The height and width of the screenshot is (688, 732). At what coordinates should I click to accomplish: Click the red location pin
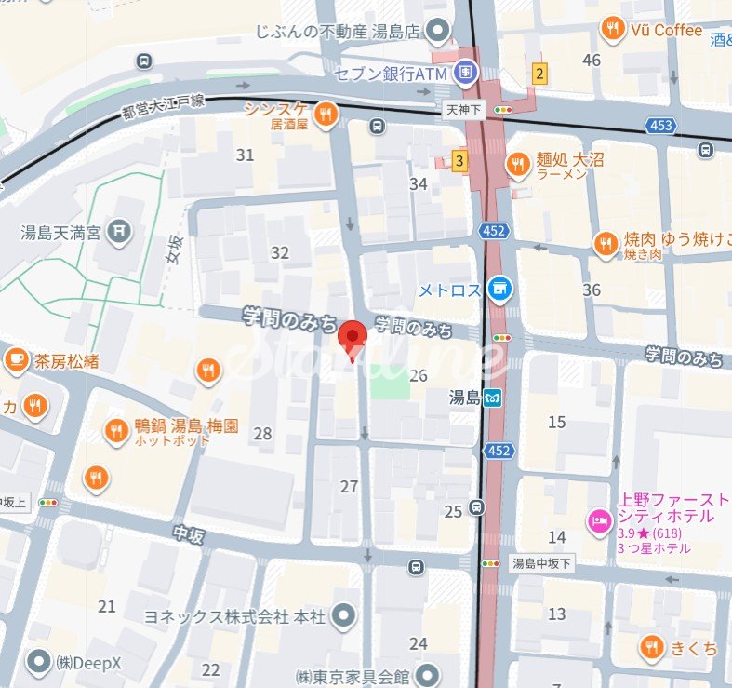pyautogui.click(x=352, y=337)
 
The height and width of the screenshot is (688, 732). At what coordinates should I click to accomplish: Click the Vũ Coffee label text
pyautogui.click(x=666, y=30)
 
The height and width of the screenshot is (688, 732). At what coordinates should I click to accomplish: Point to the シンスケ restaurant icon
pyautogui.click(x=325, y=115)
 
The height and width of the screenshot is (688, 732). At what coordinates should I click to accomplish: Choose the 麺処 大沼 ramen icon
pyautogui.click(x=517, y=166)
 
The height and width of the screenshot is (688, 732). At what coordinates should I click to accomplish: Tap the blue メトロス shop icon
pyautogui.click(x=500, y=290)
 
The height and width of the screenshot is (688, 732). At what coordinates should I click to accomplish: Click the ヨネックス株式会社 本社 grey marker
pyautogui.click(x=344, y=615)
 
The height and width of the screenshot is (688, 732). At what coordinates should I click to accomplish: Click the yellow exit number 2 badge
pyautogui.click(x=539, y=72)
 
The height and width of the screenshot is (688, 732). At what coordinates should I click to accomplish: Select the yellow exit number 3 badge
pyautogui.click(x=459, y=160)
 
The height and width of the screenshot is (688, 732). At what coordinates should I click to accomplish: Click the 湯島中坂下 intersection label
pyautogui.click(x=541, y=562)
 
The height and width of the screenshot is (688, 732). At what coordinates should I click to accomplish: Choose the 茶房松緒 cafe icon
pyautogui.click(x=16, y=358)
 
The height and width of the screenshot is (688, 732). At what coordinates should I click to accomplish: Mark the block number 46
pyautogui.click(x=592, y=61)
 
